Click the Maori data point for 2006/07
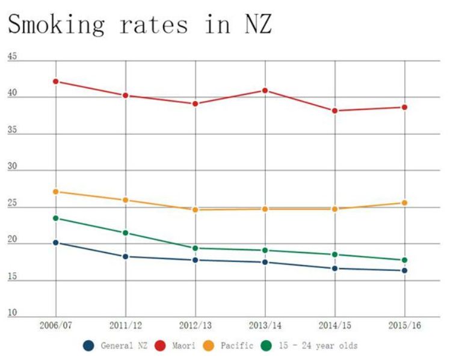point(55,81)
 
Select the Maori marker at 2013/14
point(265,90)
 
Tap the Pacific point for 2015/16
point(405,203)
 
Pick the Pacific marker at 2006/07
point(55,191)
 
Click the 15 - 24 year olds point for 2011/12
point(125,233)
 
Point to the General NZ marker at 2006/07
point(55,242)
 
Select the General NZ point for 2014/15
point(335,268)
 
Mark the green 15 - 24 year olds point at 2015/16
point(405,260)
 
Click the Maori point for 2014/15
point(335,111)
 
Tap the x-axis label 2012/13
point(195,325)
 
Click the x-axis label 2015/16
point(405,325)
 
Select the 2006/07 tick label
point(55,325)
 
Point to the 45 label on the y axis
point(12,58)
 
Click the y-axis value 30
point(12,168)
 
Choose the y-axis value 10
point(12,314)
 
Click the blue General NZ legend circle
point(89,346)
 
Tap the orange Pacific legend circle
point(209,346)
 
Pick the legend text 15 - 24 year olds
point(318,346)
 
